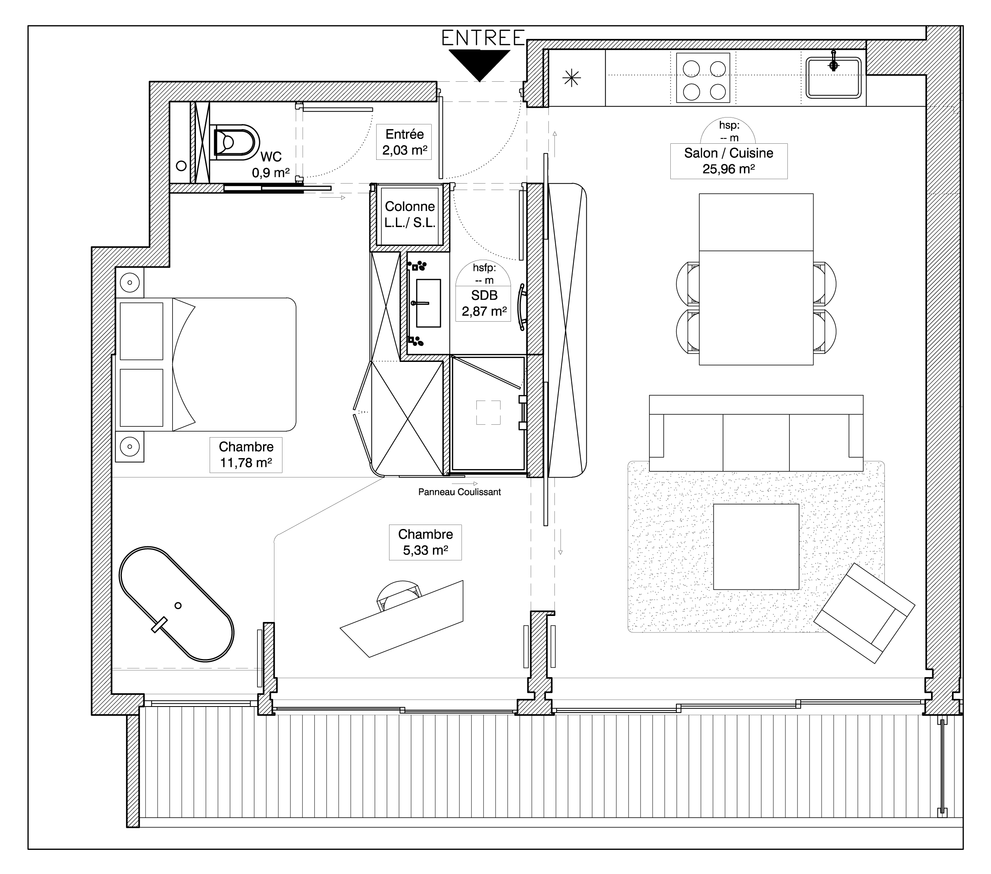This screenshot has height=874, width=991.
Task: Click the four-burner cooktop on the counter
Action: click(703, 78)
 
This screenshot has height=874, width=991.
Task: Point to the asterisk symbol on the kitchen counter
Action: click(572, 78)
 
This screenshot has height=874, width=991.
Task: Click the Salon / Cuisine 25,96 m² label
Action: click(728, 161)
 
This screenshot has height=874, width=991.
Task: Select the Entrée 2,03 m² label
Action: click(404, 142)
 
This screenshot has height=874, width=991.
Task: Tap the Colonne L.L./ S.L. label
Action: click(410, 215)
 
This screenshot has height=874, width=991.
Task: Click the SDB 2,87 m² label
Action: click(484, 303)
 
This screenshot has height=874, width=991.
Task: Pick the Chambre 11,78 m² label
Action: click(246, 455)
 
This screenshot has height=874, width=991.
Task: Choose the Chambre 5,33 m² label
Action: click(425, 542)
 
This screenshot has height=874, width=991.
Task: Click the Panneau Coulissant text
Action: click(459, 492)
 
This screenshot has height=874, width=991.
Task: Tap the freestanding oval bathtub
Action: click(177, 604)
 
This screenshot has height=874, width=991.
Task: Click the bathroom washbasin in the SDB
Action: click(428, 303)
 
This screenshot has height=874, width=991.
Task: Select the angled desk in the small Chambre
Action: click(402, 619)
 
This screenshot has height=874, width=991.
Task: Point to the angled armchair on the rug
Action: click(864, 613)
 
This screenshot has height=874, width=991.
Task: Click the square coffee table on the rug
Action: click(756, 547)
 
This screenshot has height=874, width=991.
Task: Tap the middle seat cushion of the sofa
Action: click(756, 442)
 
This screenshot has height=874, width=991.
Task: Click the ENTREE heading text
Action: click(483, 38)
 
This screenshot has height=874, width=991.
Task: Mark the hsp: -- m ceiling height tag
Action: click(728, 131)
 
